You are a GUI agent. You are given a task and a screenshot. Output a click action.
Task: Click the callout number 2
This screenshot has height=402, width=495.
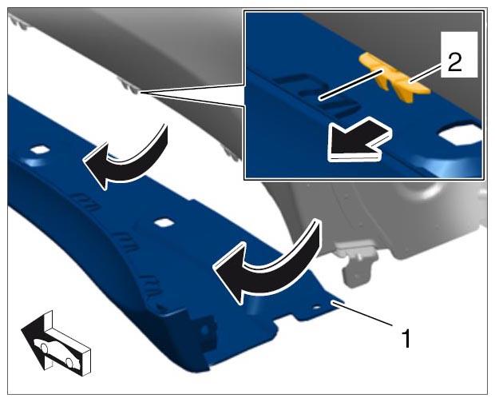454,62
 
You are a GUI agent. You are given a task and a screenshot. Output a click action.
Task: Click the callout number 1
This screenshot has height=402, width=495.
406,339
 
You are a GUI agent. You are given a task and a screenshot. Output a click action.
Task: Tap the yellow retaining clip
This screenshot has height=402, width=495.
394,78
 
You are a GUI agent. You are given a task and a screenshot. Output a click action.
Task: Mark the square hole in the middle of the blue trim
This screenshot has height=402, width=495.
164,223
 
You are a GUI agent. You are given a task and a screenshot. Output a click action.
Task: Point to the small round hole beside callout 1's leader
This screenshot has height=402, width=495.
317,307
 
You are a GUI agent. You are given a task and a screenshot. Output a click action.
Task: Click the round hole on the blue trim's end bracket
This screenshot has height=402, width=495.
204,330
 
